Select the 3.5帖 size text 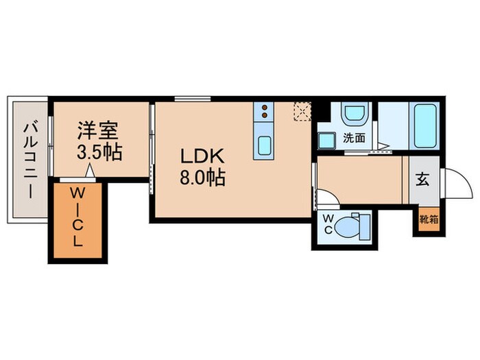coord(98,152)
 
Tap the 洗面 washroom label coord(354,137)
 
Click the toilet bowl coord(355,224)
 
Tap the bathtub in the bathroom coord(426,125)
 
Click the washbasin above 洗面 coord(355,114)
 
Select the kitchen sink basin coord(263,146)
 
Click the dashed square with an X coord(302,111)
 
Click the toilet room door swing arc coord(327,199)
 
